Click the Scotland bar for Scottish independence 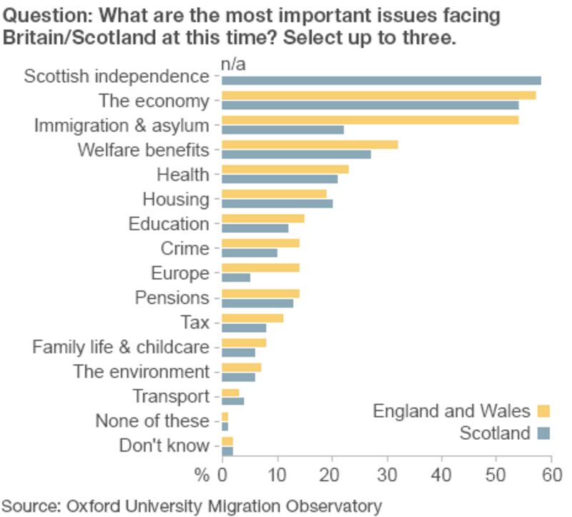pyautogui.click(x=381, y=81)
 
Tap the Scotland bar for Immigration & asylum pyautogui.click(x=282, y=130)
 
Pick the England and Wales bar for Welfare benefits pyautogui.click(x=310, y=144)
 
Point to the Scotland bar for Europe pyautogui.click(x=236, y=278)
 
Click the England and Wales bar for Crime pyautogui.click(x=260, y=243)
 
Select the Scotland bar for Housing pyautogui.click(x=277, y=204)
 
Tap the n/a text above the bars pyautogui.click(x=233, y=65)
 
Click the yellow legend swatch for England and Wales pyautogui.click(x=543, y=411)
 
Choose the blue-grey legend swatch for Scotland pyautogui.click(x=543, y=433)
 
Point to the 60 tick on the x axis pyautogui.click(x=551, y=475)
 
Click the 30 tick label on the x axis pyautogui.click(x=387, y=475)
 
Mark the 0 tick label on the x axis pyautogui.click(x=222, y=475)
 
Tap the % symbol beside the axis pyautogui.click(x=202, y=475)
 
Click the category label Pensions pyautogui.click(x=172, y=298)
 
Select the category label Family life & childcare pyautogui.click(x=121, y=347)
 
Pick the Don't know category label pyautogui.click(x=164, y=446)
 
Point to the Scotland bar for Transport pyautogui.click(x=233, y=401)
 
